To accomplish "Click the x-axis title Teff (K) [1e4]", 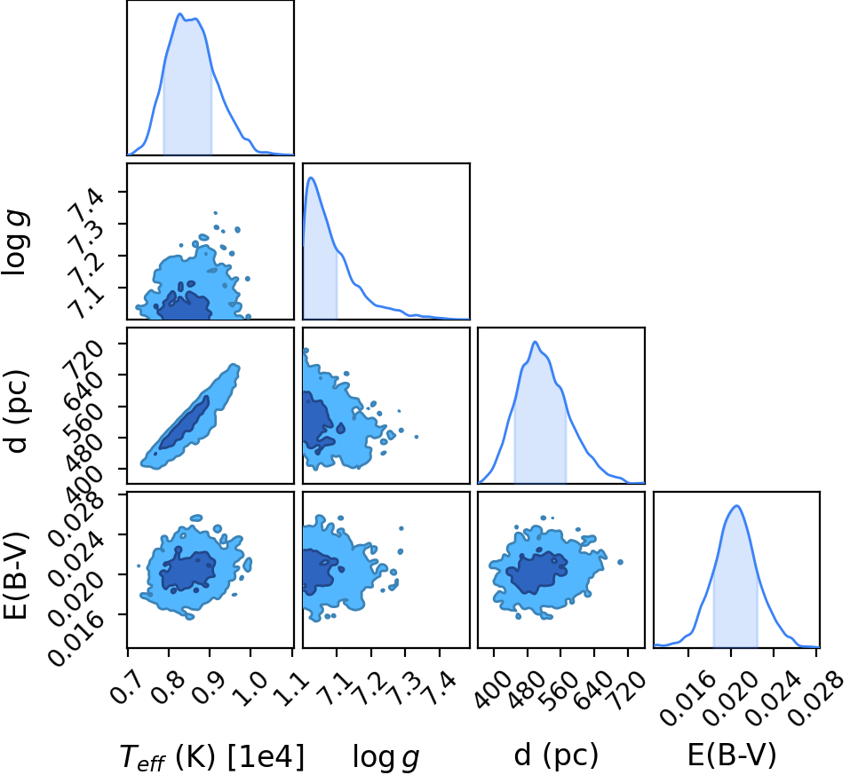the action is (x=212, y=756).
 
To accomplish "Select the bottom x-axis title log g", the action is (x=386, y=757).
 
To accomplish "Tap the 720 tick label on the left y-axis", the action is (x=82, y=359).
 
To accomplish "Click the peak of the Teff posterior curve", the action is (x=179, y=13).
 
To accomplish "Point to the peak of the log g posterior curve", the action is (x=311, y=178).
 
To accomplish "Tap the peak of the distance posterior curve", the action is (x=535, y=342).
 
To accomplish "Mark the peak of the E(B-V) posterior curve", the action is (x=736, y=506).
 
